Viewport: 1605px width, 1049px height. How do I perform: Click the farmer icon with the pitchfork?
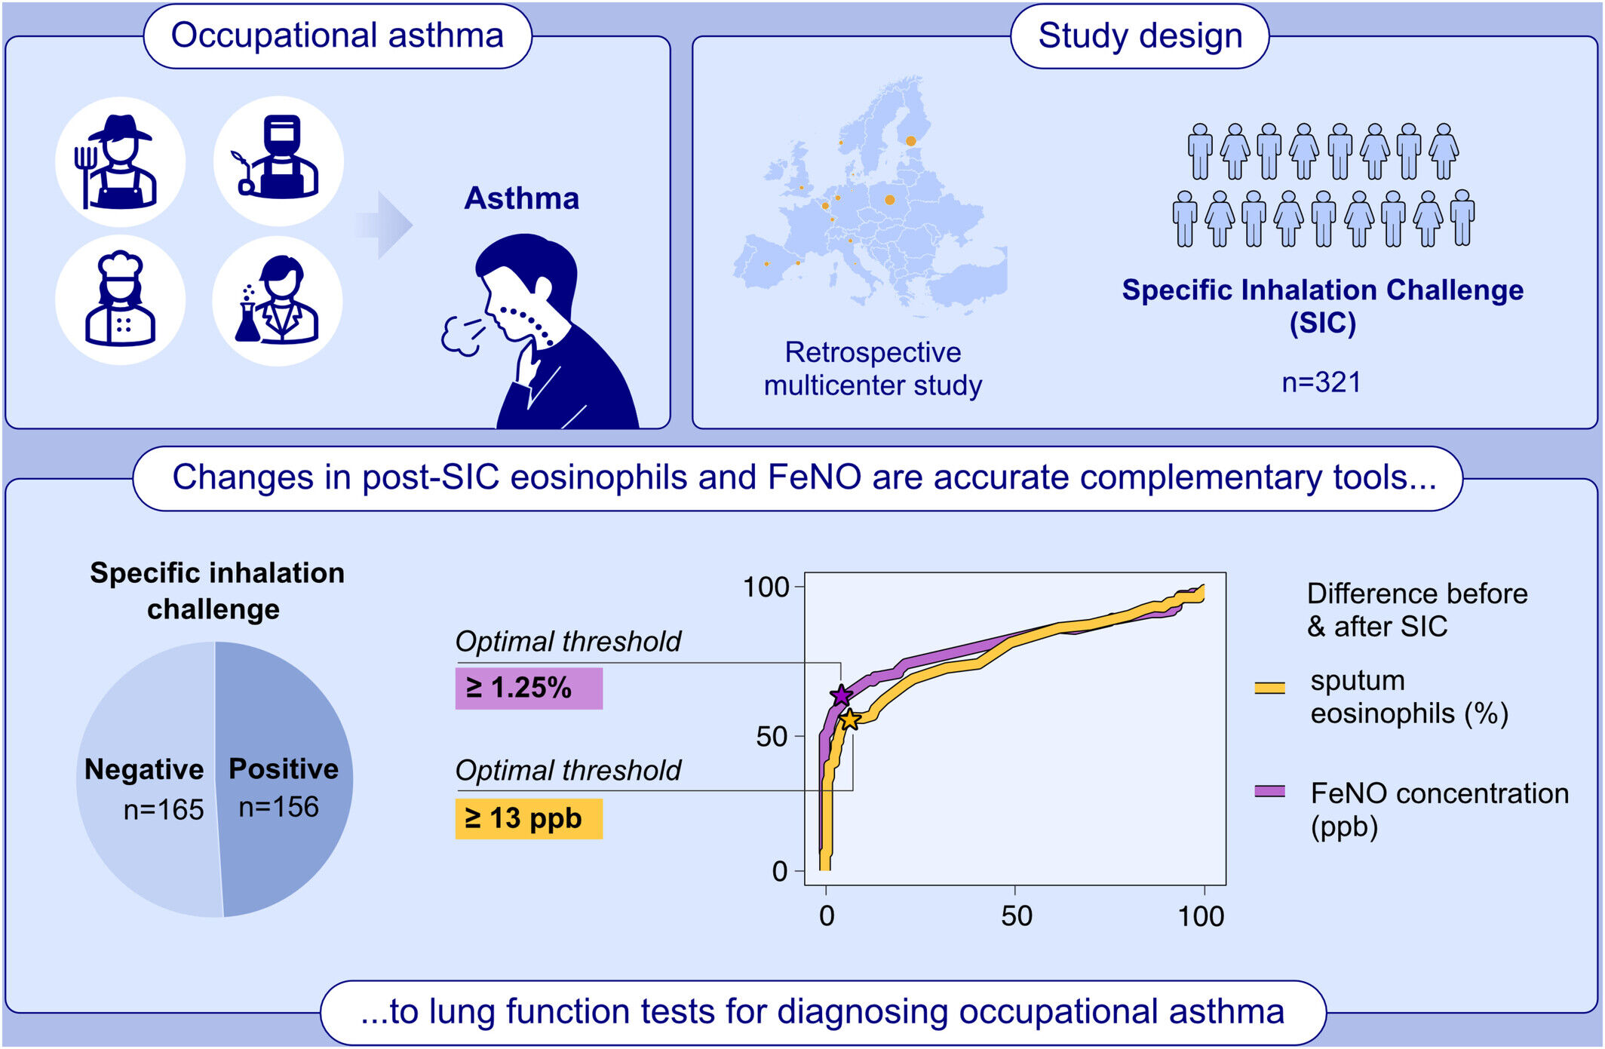tap(120, 161)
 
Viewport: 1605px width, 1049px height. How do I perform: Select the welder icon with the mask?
tap(278, 161)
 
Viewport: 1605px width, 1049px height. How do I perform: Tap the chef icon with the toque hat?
tap(120, 300)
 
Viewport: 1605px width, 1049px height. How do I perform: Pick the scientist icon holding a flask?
tap(278, 301)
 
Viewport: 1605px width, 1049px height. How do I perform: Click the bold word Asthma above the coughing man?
tap(522, 198)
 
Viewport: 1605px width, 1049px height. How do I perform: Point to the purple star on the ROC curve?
tap(841, 695)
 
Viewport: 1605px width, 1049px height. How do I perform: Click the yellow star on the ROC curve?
tap(850, 719)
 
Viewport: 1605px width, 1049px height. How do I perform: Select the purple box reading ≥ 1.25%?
tap(529, 688)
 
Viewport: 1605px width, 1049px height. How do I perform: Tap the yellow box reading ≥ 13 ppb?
tap(529, 818)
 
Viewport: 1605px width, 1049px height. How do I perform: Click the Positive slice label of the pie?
tap(284, 768)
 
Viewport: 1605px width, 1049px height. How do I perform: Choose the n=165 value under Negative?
tap(164, 810)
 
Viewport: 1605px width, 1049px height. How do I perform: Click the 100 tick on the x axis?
tap(1201, 916)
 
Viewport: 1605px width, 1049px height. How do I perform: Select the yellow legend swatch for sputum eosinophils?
tap(1270, 687)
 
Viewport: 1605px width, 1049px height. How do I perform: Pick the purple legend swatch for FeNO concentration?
tap(1270, 791)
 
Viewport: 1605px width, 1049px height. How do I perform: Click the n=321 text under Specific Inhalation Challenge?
tap(1322, 382)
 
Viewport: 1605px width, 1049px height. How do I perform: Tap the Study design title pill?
tap(1140, 36)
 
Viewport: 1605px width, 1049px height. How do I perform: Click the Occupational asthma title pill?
tap(338, 36)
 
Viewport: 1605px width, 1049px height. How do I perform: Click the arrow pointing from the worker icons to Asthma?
tap(385, 225)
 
